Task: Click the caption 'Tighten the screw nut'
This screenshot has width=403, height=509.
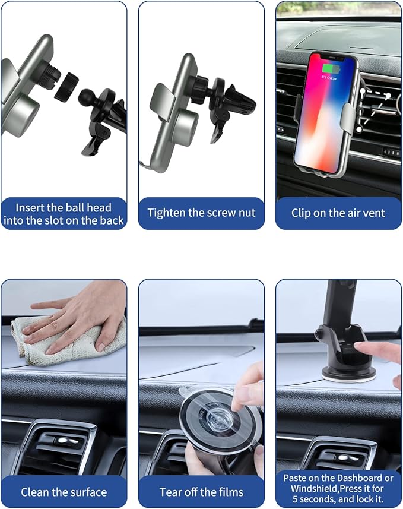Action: click(x=201, y=213)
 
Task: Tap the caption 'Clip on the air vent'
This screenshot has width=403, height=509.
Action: click(x=338, y=213)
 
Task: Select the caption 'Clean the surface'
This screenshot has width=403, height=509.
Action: click(x=64, y=492)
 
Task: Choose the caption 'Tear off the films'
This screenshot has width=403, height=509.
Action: click(x=201, y=492)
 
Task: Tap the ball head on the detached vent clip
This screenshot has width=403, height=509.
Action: click(x=89, y=97)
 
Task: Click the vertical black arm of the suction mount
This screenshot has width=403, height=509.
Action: click(x=339, y=303)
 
